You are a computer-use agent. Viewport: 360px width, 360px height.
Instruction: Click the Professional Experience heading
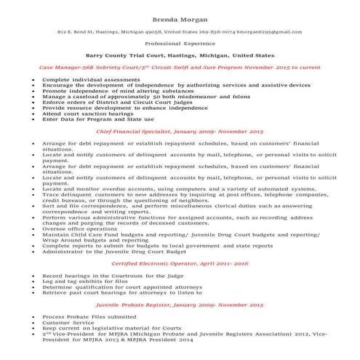(x=180, y=44)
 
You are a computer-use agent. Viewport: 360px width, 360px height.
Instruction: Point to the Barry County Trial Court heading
(x=180, y=55)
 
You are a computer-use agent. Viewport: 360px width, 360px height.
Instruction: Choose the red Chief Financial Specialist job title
(x=180, y=133)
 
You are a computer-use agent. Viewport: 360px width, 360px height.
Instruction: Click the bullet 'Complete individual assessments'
(x=80, y=79)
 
